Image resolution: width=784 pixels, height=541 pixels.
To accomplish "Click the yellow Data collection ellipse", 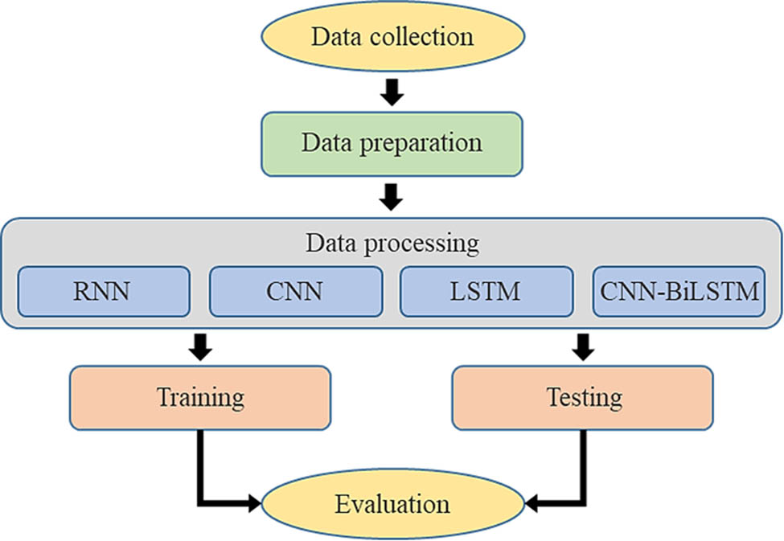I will (x=392, y=37).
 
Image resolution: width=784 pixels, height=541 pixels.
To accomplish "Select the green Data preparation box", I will (x=392, y=143).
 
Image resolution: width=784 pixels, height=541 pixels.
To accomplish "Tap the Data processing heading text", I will (x=392, y=242).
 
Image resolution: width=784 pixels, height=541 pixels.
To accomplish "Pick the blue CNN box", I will (x=295, y=290).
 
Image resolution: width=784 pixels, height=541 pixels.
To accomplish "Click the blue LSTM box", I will (x=486, y=290).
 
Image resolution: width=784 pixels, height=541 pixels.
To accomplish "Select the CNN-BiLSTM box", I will (x=678, y=290).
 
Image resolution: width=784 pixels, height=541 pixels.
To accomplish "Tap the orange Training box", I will (x=200, y=397).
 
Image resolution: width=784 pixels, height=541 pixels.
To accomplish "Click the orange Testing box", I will (x=583, y=397).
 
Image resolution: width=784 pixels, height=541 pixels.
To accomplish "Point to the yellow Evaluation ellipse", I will (x=392, y=504).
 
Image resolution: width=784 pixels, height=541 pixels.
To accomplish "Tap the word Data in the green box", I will (x=323, y=143).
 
